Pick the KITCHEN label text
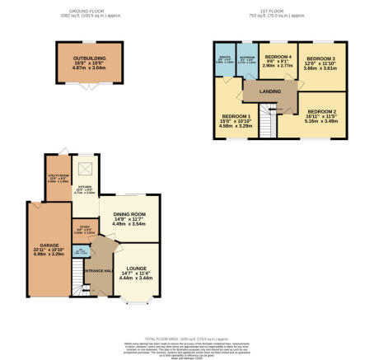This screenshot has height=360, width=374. tap(86, 188)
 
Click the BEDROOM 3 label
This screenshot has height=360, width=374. tap(320, 58)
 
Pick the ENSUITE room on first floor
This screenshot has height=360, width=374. tap(224, 59)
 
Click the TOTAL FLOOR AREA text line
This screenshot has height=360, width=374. tap(187, 338)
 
